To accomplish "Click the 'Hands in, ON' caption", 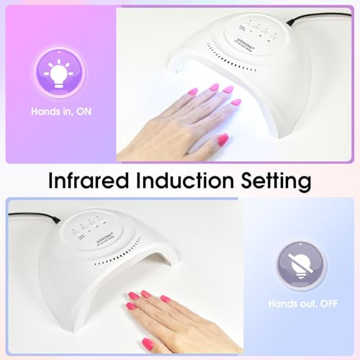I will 60,112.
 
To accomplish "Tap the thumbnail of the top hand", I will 222,138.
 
